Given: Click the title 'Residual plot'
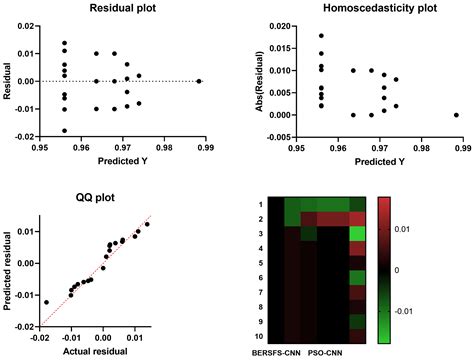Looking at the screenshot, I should coord(125,9).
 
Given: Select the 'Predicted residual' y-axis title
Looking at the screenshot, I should coord(9,271).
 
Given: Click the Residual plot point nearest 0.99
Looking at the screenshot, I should coord(199,81).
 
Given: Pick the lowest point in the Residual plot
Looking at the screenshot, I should coord(65,130).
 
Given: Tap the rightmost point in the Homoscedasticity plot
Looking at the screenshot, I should coord(456,115).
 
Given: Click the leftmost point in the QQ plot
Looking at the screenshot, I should coord(46,301).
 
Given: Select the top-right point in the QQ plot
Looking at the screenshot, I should coord(146,224).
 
